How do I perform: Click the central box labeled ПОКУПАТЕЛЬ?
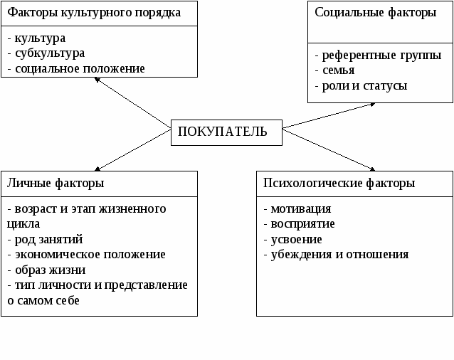click(226, 132)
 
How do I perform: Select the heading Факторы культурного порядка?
click(94, 13)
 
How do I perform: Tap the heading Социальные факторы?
click(376, 12)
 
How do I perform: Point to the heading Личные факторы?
click(56, 183)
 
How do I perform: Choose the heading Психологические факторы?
click(339, 183)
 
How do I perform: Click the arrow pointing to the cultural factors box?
click(132, 102)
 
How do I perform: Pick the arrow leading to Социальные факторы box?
click(329, 115)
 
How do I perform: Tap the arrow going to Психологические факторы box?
click(329, 150)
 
